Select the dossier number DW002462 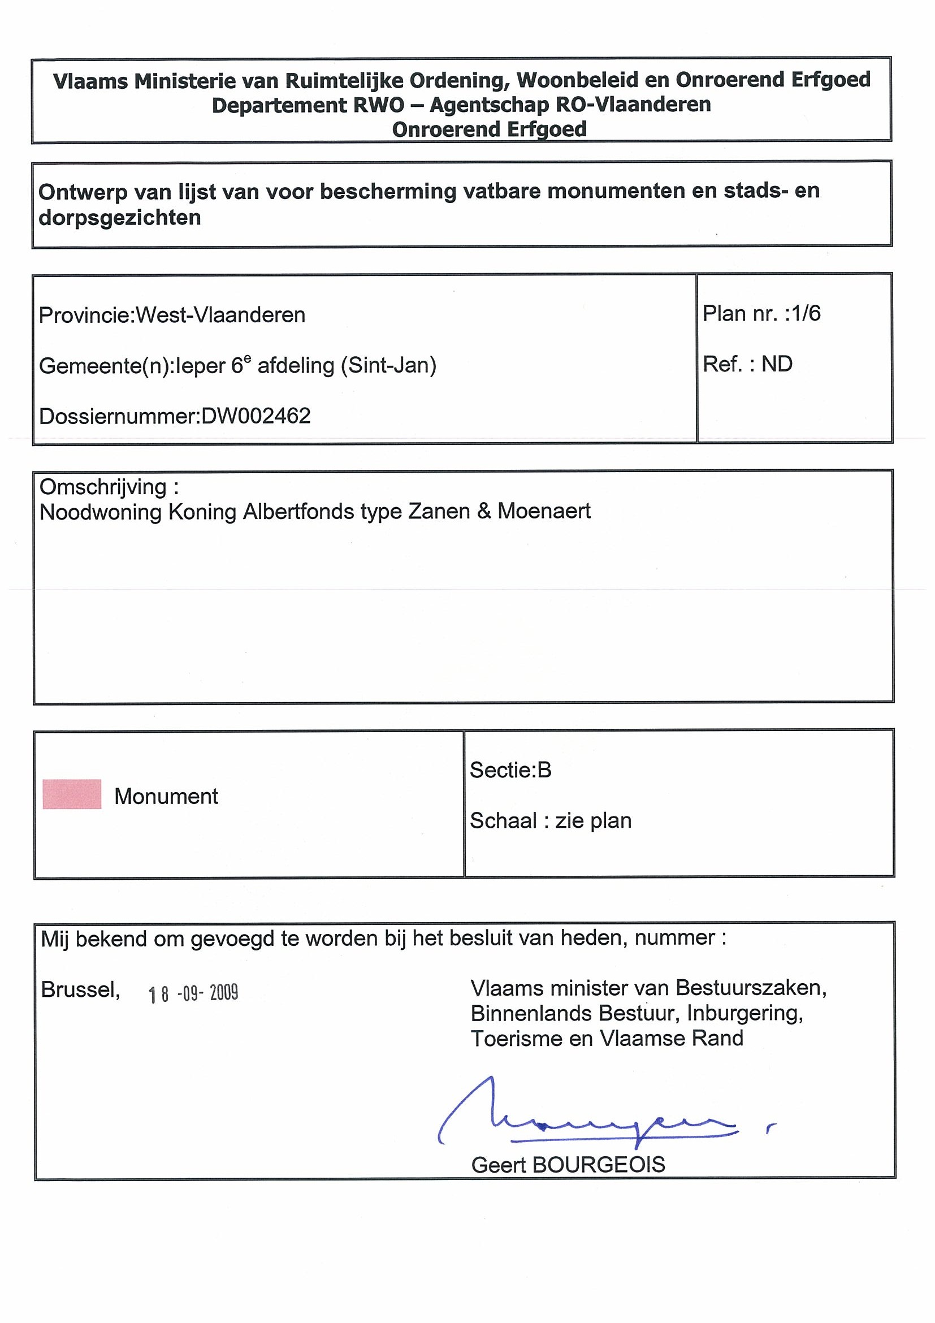click(x=256, y=416)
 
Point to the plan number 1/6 click(x=806, y=313)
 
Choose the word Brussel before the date click(x=80, y=990)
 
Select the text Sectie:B click(x=510, y=770)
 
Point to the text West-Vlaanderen click(x=220, y=315)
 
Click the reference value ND click(x=777, y=364)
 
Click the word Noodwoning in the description click(x=100, y=512)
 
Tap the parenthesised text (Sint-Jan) click(x=388, y=365)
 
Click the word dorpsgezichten click(x=120, y=218)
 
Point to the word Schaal click(x=503, y=820)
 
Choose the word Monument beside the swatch click(x=166, y=796)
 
